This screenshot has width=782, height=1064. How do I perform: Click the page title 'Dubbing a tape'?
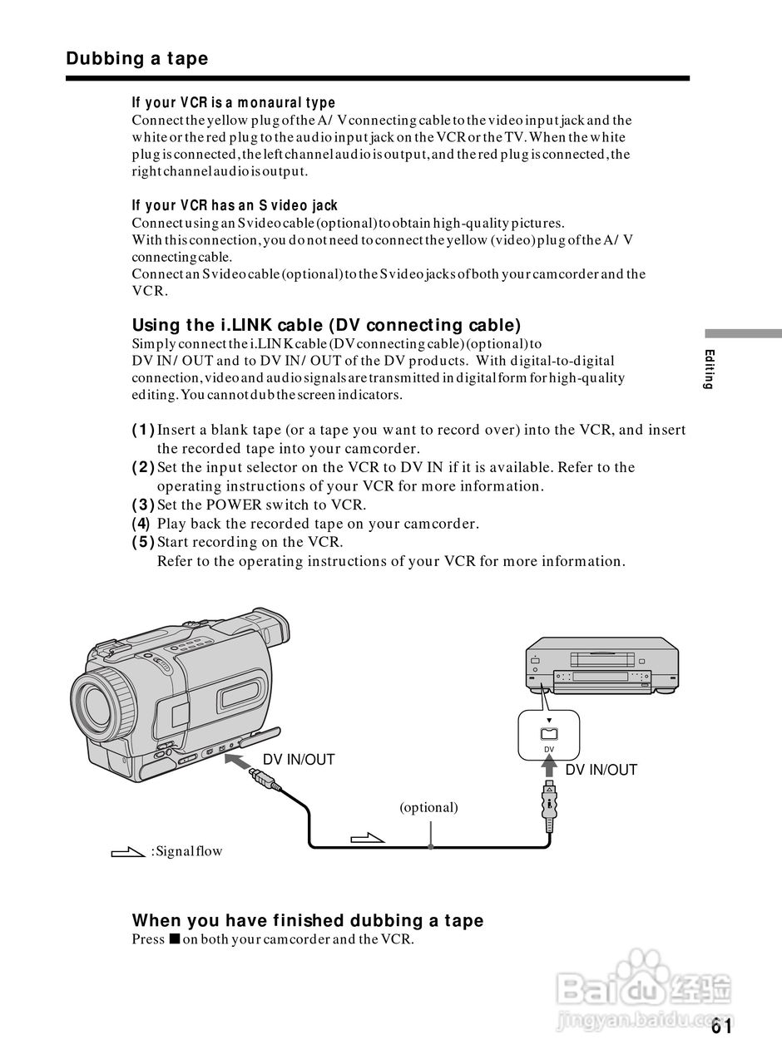[x=137, y=59]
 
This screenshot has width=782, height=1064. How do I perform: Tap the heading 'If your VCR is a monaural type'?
[x=233, y=103]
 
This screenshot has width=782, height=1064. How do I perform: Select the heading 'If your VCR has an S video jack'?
[x=235, y=205]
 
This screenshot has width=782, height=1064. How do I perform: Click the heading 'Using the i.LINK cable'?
[x=326, y=325]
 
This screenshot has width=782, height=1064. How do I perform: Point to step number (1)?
[x=143, y=430]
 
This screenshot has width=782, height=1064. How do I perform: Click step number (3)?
[x=143, y=505]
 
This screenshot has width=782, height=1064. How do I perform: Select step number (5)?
[x=143, y=542]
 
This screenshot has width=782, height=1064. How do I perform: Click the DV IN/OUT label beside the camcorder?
[x=299, y=760]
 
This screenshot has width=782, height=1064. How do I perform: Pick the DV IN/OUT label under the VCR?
[x=601, y=770]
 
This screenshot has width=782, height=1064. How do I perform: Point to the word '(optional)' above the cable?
[x=428, y=807]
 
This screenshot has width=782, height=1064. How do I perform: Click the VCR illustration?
[x=601, y=665]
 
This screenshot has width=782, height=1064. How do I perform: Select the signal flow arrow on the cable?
[x=369, y=836]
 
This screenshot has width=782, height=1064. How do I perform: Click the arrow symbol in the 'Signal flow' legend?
[x=128, y=851]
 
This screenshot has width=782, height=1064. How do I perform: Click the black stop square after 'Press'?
[x=173, y=940]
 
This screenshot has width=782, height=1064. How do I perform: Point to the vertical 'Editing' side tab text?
[x=709, y=369]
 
